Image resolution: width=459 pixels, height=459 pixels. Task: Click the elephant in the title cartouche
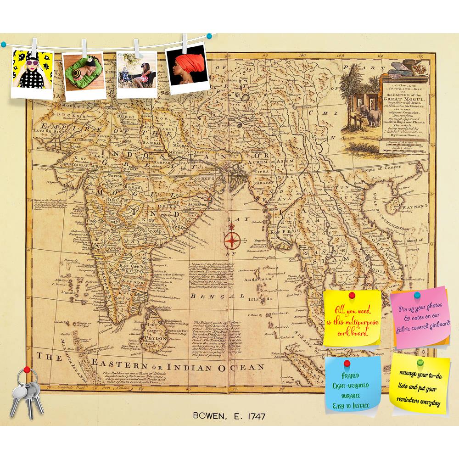(x=372, y=116)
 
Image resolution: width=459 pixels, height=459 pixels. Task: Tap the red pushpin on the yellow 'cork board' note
(x=352, y=294)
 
